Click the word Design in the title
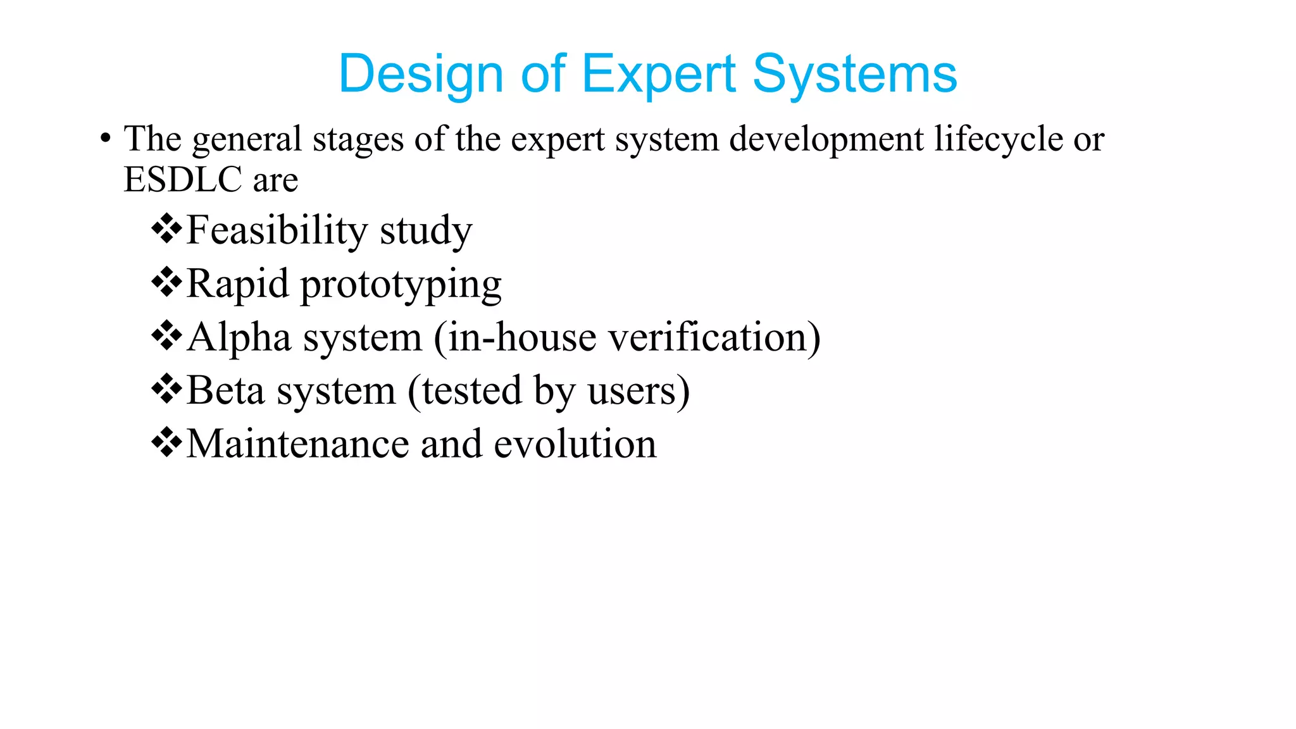[x=420, y=75]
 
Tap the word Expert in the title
[x=658, y=75]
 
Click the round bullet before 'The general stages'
[x=106, y=139]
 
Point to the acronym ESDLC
[x=183, y=179]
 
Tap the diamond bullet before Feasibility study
[x=166, y=228]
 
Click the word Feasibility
[x=277, y=230]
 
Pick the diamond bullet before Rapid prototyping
[x=166, y=282]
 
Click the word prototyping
[x=401, y=284]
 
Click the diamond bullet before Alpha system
[x=166, y=335]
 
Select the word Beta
[x=226, y=390]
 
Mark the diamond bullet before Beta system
[x=166, y=389]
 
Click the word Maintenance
[x=298, y=444]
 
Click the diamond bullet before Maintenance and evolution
[x=166, y=442]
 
